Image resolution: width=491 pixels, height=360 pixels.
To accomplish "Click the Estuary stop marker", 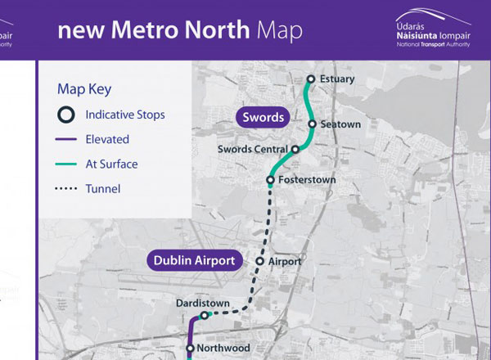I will coord(311,79).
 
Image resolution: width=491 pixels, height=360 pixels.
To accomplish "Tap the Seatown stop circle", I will coord(313,124).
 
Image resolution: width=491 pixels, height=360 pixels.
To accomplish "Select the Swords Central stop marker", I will coord(295,150).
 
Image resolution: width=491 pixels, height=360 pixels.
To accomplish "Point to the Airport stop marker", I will coord(260,262).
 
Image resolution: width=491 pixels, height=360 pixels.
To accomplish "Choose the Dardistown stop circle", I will coord(205,315).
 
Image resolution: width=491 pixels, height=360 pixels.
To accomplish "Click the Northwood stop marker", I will coord(190,349).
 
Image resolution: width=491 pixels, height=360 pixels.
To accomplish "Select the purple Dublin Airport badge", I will coord(196,262).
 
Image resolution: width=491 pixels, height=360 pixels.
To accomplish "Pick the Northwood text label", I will coord(224,349).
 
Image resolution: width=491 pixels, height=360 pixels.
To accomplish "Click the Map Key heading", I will coord(84,89).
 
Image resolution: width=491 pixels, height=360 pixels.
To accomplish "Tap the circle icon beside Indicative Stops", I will coord(67,115).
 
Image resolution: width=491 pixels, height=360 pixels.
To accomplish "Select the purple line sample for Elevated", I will coord(67,140).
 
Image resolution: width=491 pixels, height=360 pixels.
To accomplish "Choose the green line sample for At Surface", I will coord(67,164).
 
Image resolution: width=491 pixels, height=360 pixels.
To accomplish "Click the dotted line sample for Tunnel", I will coord(67,189).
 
